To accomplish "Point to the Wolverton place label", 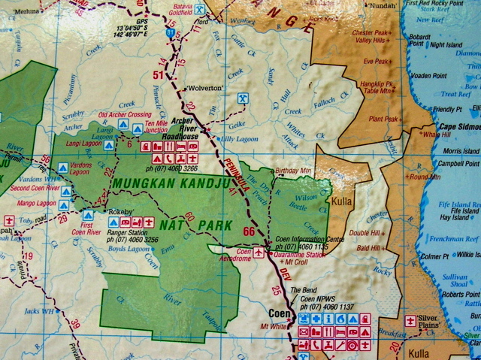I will coord(204,88).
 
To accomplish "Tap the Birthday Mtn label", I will coord(295,171).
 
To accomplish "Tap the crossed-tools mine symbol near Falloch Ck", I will coord(242,98).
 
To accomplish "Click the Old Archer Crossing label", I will coord(125,115).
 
